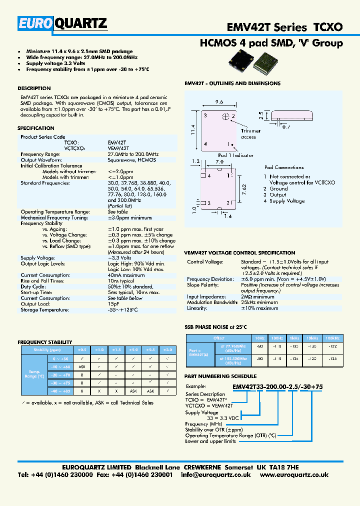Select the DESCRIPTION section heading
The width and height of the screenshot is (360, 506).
pos(34,88)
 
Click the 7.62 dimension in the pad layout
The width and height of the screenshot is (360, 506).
pos(244,188)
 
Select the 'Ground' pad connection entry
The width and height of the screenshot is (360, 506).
pos(278,189)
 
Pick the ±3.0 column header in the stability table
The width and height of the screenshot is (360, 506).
pos(168,349)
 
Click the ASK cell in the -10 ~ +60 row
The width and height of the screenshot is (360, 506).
pos(81,367)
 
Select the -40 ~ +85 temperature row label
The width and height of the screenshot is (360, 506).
pos(59,391)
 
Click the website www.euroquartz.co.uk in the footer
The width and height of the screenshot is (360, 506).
pos(294,475)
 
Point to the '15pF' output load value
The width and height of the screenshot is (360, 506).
pos(113,304)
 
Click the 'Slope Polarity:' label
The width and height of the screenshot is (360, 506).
pos(203,285)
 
